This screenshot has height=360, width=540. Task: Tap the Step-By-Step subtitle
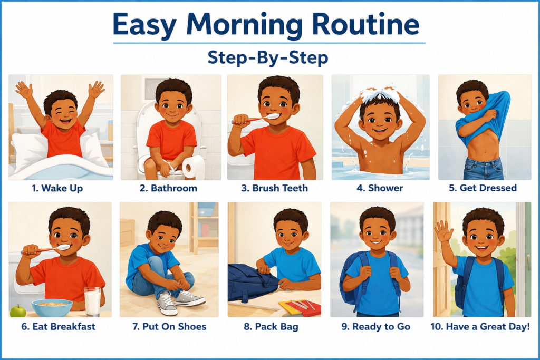coord(268,57)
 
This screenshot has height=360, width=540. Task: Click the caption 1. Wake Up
coord(57,188)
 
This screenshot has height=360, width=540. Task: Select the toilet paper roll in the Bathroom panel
coord(193,167)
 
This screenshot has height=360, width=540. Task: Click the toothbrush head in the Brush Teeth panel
coord(273,116)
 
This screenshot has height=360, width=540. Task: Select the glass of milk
coord(92,301)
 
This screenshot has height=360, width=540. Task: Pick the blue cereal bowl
coord(52,308)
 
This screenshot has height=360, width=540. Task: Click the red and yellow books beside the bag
coord(300,307)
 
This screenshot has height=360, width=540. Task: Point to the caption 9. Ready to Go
coord(375,326)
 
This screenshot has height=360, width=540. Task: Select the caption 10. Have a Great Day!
coord(480,326)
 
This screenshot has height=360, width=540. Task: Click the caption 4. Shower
coord(380,188)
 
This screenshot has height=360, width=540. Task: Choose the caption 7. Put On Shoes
coord(169,326)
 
